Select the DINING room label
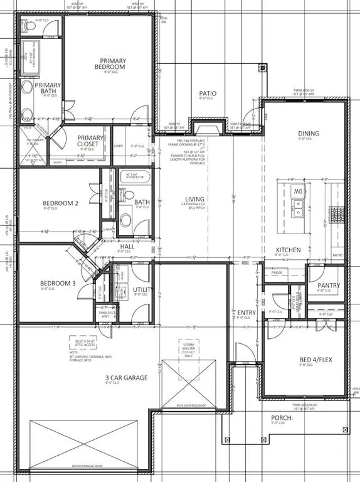click(x=309, y=133)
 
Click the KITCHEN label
click(x=289, y=250)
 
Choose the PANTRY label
click(x=329, y=286)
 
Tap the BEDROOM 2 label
click(x=60, y=203)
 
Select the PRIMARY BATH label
click(x=48, y=89)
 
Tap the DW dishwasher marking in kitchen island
click(x=299, y=191)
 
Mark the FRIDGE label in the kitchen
click(x=277, y=272)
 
